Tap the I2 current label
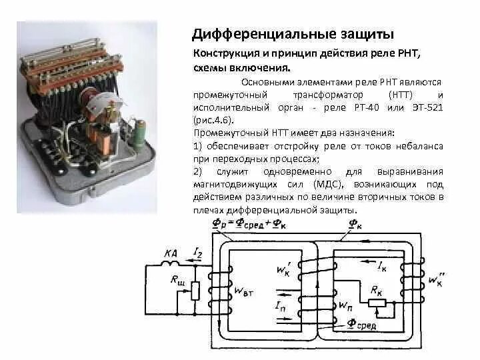click(197, 251)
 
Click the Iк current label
click(381, 267)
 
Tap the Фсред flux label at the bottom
click(361, 325)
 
